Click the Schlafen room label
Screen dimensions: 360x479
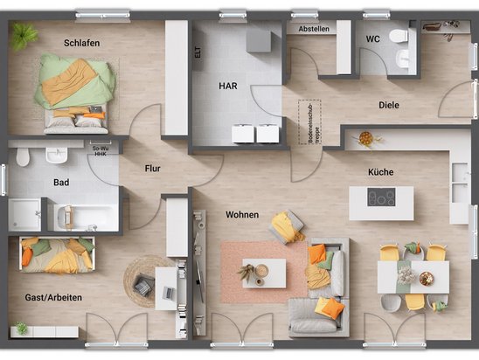pyautogui.click(x=81, y=42)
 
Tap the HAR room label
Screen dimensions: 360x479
pyautogui.click(x=229, y=86)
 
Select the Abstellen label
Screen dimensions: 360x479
pyautogui.click(x=314, y=29)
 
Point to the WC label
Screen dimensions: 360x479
pyautogui.click(x=373, y=39)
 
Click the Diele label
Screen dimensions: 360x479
pyautogui.click(x=389, y=105)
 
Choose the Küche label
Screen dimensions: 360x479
pyautogui.click(x=380, y=173)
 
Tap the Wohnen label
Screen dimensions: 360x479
pyautogui.click(x=242, y=214)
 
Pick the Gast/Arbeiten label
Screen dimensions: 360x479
pyautogui.click(x=54, y=298)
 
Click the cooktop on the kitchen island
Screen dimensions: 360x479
pyautogui.click(x=380, y=197)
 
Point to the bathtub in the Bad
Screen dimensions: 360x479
pyautogui.click(x=86, y=216)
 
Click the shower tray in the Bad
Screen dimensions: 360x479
pyautogui.click(x=25, y=214)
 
